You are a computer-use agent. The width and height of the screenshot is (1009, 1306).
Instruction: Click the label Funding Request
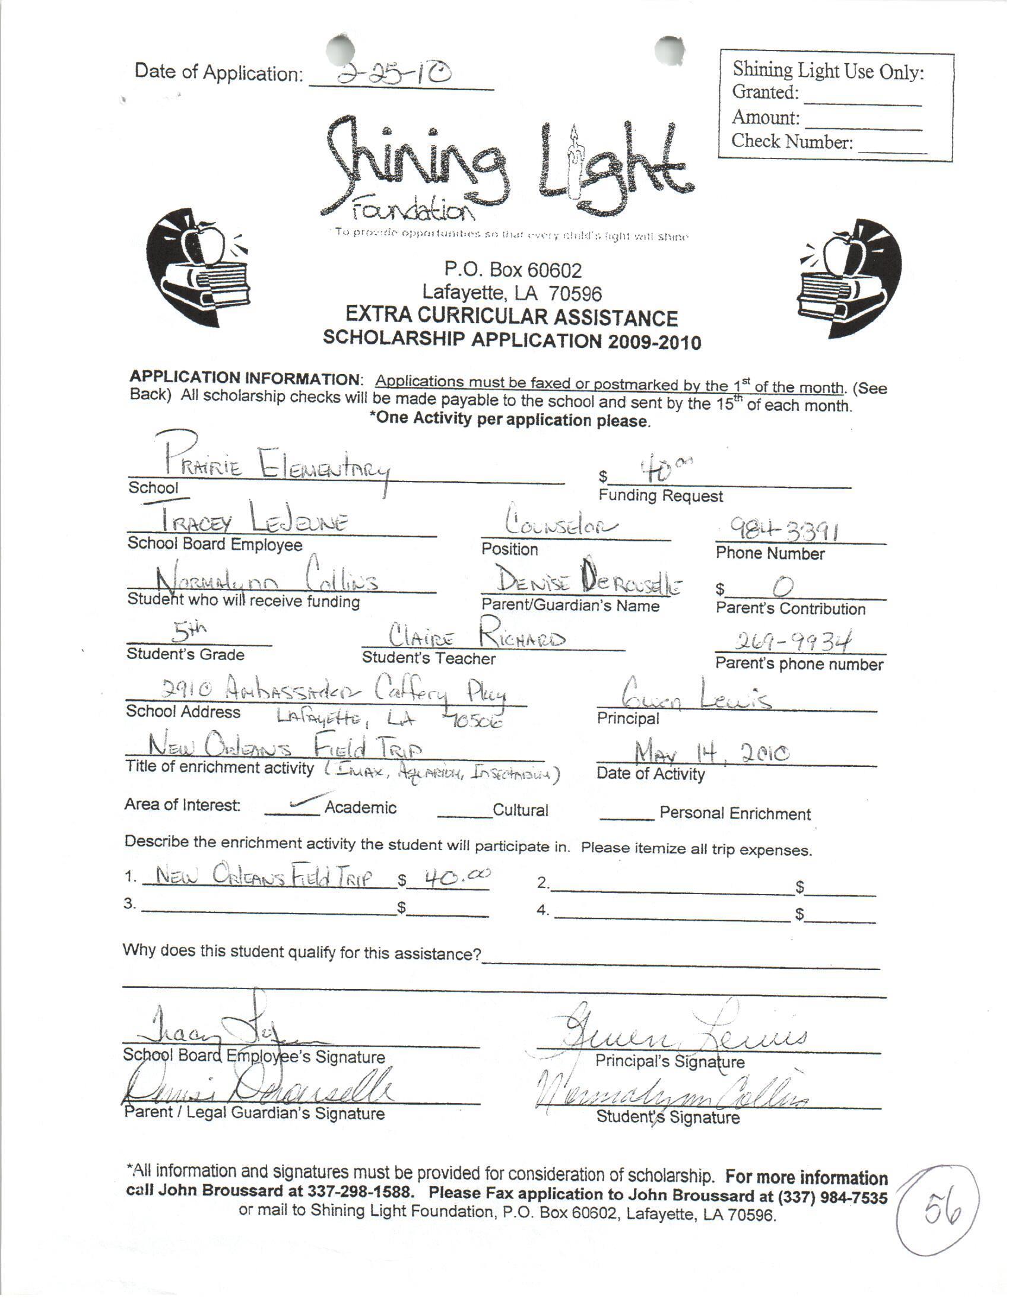(x=661, y=496)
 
